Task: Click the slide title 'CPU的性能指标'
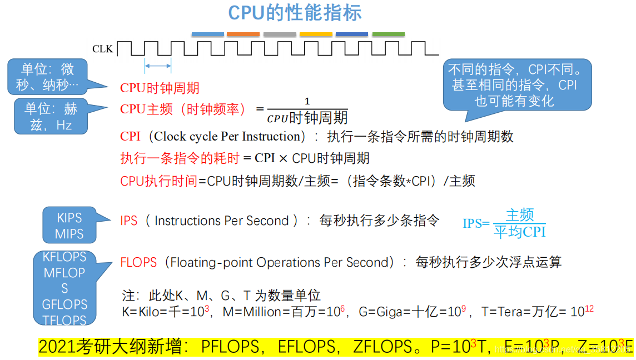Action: tap(295, 13)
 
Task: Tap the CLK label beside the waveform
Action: tap(102, 49)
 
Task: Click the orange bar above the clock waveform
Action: tap(244, 34)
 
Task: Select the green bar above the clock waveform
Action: tap(388, 34)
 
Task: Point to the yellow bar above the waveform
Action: tap(316, 34)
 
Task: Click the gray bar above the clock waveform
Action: tap(280, 34)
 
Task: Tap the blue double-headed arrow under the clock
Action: tap(158, 67)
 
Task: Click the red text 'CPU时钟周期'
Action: tap(160, 88)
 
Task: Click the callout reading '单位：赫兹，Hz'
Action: tap(51, 117)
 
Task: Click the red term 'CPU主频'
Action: tap(140, 109)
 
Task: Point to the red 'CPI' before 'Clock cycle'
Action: tap(130, 137)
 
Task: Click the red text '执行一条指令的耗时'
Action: tap(180, 158)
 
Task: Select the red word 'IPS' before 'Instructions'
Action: tap(129, 221)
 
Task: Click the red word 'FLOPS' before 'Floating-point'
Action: tap(138, 262)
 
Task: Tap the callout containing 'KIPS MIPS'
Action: tap(69, 226)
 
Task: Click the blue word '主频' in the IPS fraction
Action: tap(520, 215)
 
